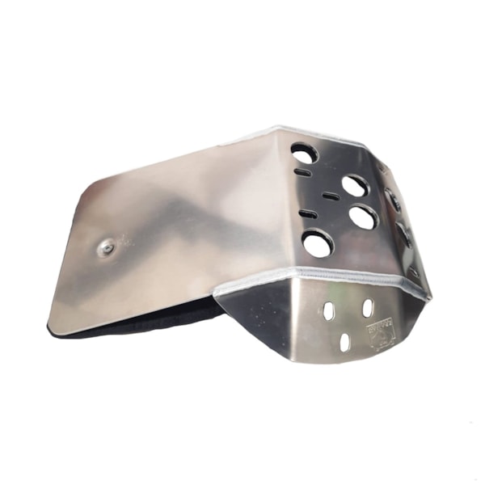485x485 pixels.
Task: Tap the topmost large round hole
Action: pos(305,153)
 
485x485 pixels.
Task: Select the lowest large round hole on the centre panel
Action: pos(318,243)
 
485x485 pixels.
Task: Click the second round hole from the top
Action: pos(355,186)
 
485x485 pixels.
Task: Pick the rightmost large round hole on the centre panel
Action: pos(362,217)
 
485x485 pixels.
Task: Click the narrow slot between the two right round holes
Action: pos(330,196)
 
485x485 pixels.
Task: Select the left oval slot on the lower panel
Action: pos(328,310)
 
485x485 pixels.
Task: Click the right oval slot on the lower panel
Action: pos(367,307)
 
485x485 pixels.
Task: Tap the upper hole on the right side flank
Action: pos(394,198)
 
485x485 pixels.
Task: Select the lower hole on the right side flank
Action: pos(404,234)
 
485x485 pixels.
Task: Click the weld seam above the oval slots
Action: pos(339,277)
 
